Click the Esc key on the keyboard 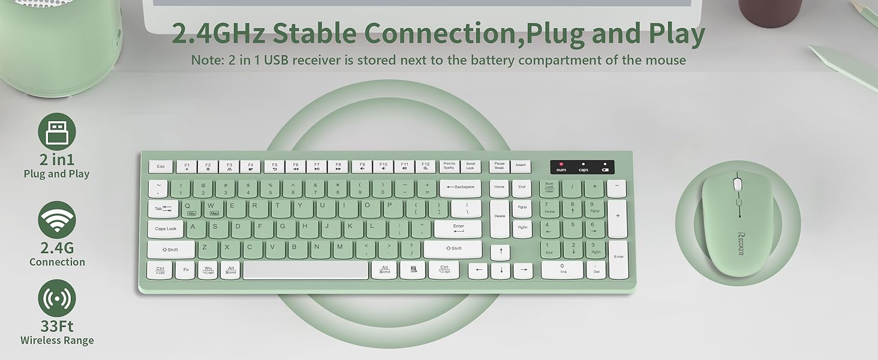click(x=161, y=166)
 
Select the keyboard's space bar click(x=306, y=270)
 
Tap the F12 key click(x=425, y=166)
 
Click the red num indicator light click(x=561, y=164)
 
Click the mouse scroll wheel click(x=738, y=184)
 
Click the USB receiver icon click(x=57, y=131)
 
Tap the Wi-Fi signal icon click(x=57, y=220)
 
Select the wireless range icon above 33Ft click(x=57, y=298)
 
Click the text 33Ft click(x=57, y=326)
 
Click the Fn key click(x=185, y=270)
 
